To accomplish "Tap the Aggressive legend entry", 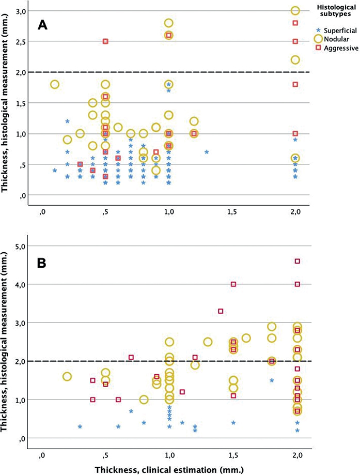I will (x=336, y=48).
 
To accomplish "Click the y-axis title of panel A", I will (x=7, y=103).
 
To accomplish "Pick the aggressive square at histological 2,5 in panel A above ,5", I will (x=105, y=41).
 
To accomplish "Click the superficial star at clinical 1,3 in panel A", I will (x=207, y=152).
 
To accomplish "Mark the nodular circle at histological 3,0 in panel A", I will (x=295, y=10).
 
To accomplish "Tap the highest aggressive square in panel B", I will (x=298, y=262).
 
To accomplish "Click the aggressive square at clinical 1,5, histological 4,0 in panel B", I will (x=233, y=284).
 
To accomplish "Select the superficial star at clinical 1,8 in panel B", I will (x=272, y=380).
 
